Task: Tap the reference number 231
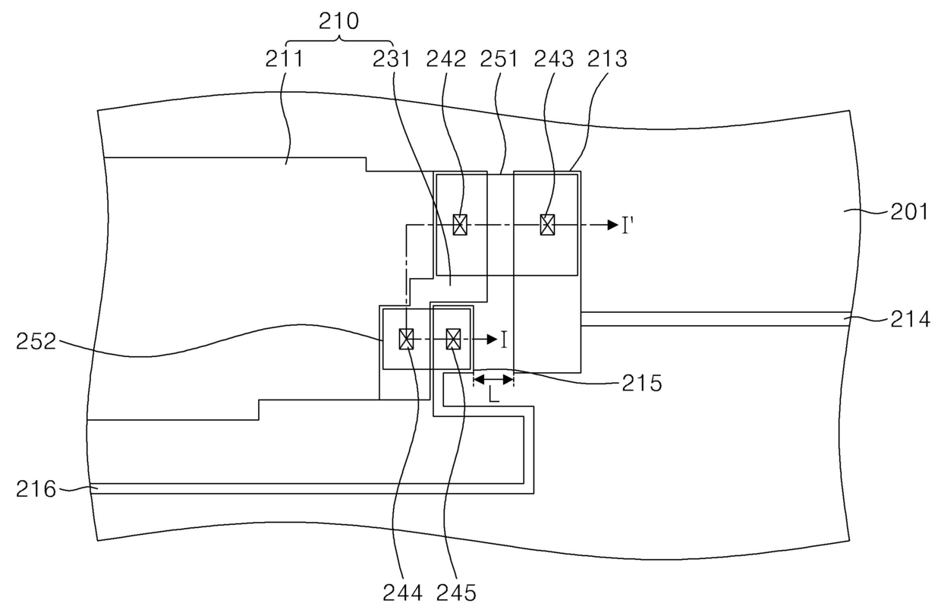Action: [392, 58]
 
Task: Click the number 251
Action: [499, 58]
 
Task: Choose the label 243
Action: [554, 58]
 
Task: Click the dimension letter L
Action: [493, 393]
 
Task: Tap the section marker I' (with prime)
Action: [628, 226]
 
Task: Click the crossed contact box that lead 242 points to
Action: [459, 225]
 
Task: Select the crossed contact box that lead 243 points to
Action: [547, 225]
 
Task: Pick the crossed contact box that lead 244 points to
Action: [407, 338]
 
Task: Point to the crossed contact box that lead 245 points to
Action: [453, 338]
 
